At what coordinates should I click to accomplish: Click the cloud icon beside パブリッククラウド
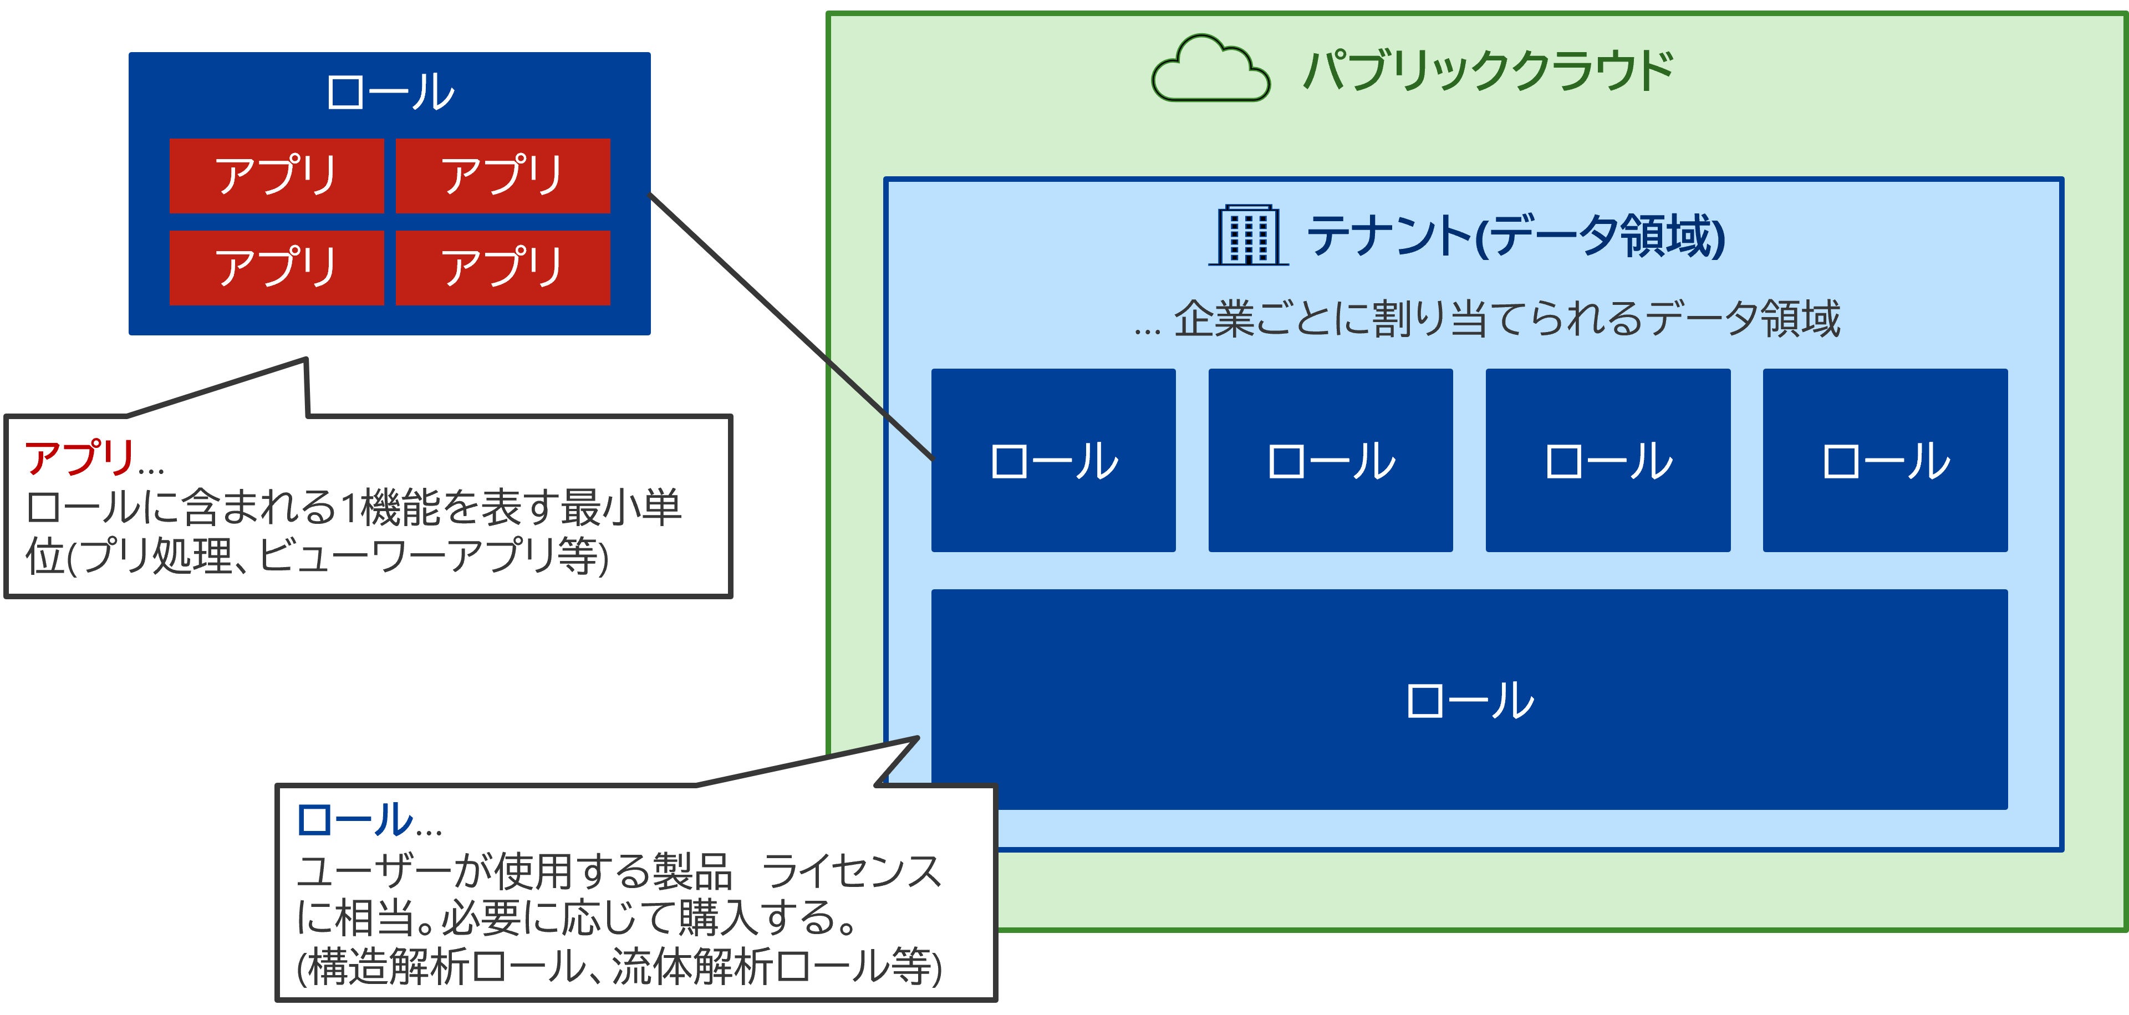[1211, 69]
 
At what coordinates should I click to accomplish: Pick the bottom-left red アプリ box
[277, 268]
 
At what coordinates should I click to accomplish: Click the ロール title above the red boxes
[390, 92]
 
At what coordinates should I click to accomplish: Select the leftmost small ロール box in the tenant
[1054, 461]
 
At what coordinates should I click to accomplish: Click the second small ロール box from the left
[1331, 461]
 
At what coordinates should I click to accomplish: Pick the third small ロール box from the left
[1608, 461]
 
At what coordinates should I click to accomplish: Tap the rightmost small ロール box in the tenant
[1885, 461]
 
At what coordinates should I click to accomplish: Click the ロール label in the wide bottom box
[1469, 700]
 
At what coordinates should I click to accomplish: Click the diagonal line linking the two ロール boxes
[792, 327]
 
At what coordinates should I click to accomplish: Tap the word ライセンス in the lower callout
[851, 871]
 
